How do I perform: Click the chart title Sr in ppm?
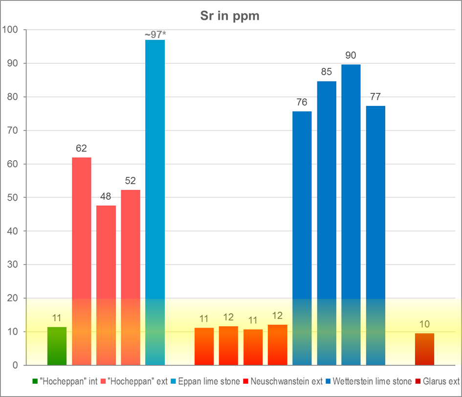[230, 16]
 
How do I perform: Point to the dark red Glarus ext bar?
[424, 349]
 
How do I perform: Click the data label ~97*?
[155, 35]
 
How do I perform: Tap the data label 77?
[375, 97]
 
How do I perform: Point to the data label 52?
[130, 181]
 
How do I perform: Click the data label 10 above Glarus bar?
[424, 324]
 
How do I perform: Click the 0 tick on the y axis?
[14, 365]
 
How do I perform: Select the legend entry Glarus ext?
[440, 382]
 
